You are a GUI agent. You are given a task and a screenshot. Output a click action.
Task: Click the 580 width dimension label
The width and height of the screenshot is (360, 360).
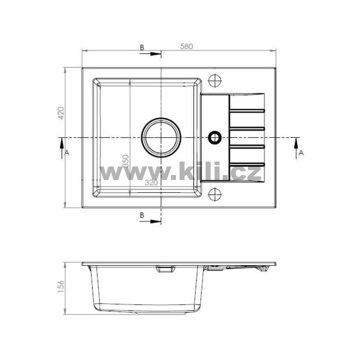pos(186,46)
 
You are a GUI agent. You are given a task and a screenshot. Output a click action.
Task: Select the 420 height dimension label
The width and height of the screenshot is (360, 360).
pos(61,113)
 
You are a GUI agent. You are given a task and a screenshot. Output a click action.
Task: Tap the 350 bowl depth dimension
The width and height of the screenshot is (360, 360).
pos(126,161)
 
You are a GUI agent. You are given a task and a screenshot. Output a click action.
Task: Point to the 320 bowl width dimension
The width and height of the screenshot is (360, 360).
pos(151,182)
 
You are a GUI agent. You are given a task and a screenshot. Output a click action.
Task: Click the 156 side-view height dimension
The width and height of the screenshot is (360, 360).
pos(61,286)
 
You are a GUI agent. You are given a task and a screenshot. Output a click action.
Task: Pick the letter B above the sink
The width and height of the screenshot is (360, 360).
pos(142,48)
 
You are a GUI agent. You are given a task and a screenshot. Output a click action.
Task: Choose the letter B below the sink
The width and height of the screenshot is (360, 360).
pos(142,215)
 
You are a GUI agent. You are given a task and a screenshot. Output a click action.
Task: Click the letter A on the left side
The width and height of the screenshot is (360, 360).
pos(67,153)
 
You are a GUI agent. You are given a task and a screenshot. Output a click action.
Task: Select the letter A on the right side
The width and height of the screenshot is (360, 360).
pos(301,153)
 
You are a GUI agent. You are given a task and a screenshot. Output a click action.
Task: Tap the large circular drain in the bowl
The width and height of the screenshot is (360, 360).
pos(161,120)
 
